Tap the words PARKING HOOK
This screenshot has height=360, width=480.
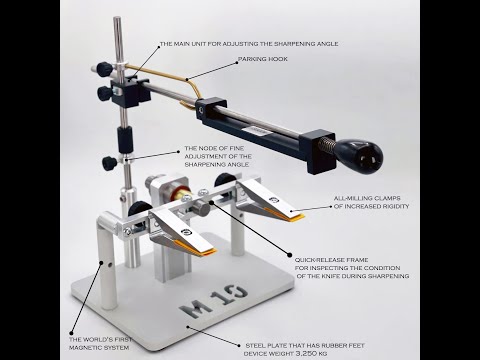click(x=262, y=59)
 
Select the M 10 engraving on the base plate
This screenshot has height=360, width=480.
click(x=214, y=301)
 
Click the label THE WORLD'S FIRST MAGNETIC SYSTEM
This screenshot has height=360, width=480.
click(x=100, y=344)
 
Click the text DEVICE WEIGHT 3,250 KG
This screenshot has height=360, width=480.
click(x=285, y=353)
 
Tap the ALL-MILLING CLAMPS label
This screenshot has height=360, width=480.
click(x=371, y=202)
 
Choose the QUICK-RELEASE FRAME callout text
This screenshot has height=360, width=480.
click(x=352, y=268)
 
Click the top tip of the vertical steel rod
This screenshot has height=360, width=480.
click(x=117, y=17)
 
